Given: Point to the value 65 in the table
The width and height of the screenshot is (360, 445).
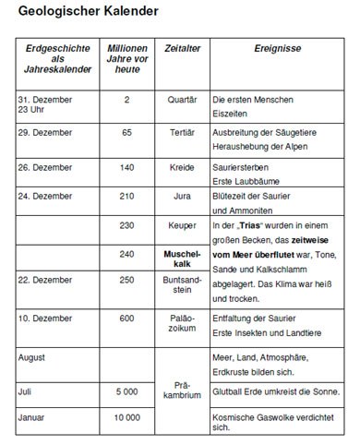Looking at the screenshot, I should [126, 133].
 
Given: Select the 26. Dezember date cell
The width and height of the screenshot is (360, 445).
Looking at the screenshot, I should [45, 167].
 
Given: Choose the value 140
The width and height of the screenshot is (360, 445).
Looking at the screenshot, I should [126, 167].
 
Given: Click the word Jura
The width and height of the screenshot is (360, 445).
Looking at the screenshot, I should [182, 196].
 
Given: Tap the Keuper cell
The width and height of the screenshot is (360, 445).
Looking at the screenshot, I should [182, 225].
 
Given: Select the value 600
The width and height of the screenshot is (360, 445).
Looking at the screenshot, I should [126, 319].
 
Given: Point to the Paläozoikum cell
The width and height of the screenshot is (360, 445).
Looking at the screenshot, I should [182, 324].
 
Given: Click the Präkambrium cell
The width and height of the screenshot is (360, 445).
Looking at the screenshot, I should [182, 391].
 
